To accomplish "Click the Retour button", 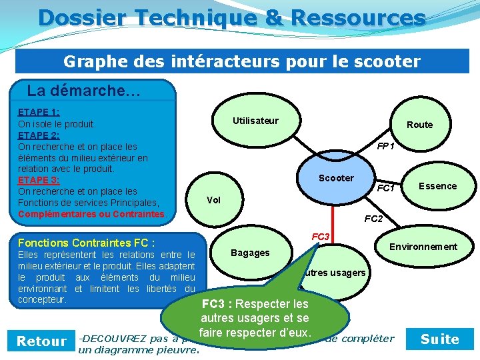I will coord(41,341).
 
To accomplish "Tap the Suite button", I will coord(440,339).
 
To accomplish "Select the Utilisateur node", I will coord(255,121).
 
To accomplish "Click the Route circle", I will coord(419,125).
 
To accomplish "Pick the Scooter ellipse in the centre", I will coord(336,178).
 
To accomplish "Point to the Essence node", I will coord(438,186).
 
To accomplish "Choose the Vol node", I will coord(213,200).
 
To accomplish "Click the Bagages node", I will coord(250,253).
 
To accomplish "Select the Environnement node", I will coord(423,247).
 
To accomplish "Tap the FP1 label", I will coord(385,145).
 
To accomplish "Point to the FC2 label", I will coord(373,219).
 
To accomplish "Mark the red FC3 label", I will coord(321,237).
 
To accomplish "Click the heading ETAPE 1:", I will coord(39,113).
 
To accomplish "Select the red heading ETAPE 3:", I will coord(39,180).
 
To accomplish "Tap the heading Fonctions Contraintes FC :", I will coord(87,243).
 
